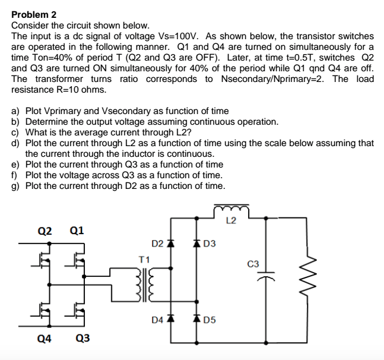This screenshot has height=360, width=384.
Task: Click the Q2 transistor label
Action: [x=45, y=230]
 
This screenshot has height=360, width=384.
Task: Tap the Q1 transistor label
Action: [x=76, y=230]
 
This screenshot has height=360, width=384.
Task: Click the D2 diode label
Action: [x=157, y=243]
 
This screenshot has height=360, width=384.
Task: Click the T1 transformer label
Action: [x=143, y=258]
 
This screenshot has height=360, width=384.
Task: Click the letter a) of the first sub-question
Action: [x=16, y=111]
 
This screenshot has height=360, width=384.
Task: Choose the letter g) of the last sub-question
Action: [x=16, y=186]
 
